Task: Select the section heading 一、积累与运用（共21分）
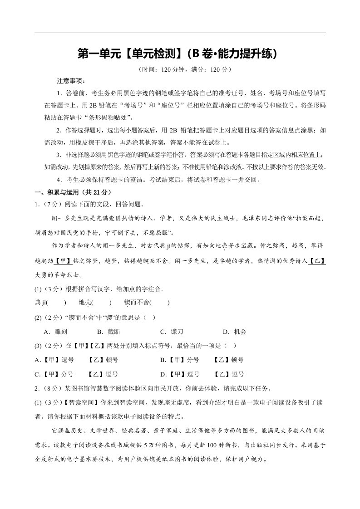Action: point(73,192)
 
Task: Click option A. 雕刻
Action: point(57,332)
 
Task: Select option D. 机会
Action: point(234,332)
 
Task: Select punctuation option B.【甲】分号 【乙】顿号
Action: point(202,360)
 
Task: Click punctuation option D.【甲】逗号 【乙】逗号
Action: point(202,374)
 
